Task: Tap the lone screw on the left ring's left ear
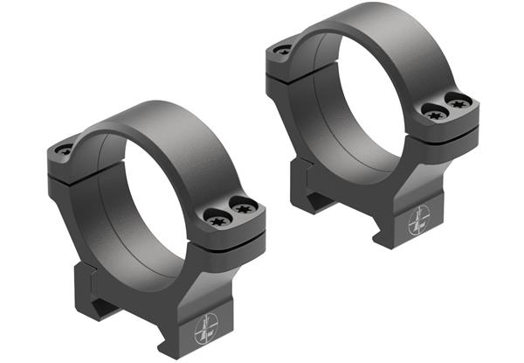pos(65,150)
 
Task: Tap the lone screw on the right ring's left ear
pos(282,51)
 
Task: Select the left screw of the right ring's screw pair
pos(432,110)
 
